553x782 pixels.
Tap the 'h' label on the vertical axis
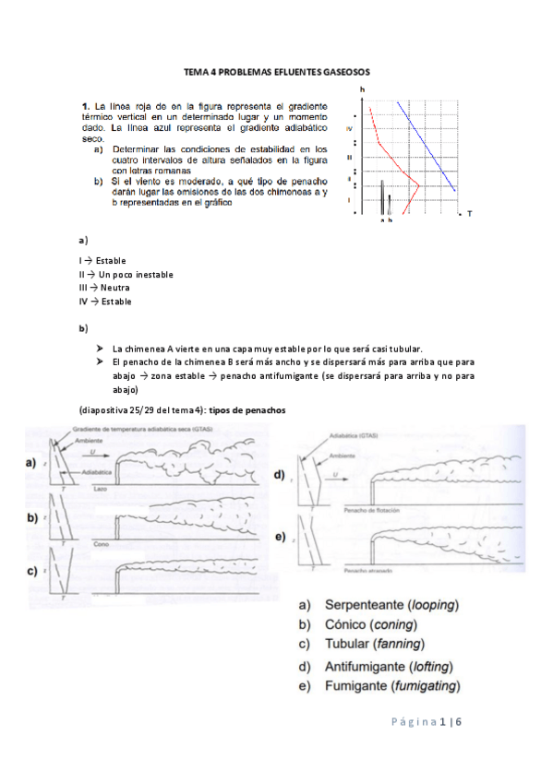pos(362,89)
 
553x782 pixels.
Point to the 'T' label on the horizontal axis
pos(469,213)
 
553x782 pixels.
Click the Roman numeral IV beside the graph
pos(349,129)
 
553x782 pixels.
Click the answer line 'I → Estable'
pos(102,260)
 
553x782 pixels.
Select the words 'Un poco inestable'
pos(136,274)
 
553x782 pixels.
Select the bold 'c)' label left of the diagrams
pos(31,572)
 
